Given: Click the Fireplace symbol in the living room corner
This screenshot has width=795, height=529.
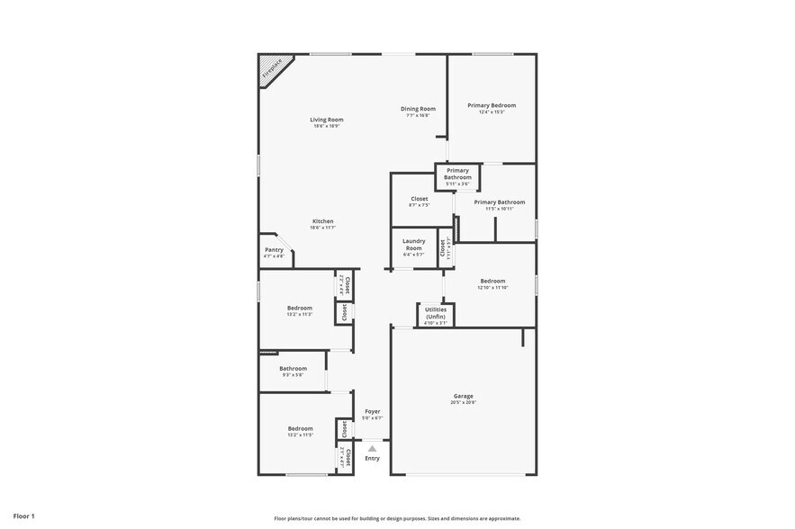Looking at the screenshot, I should [271, 69].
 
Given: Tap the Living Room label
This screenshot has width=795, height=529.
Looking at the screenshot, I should [327, 120].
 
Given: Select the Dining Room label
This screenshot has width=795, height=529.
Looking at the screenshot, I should [418, 109].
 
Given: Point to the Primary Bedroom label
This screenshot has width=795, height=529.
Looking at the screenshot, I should [492, 105].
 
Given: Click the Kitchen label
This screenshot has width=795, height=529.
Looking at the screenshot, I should [322, 221].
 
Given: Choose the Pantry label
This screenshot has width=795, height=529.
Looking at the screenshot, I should [274, 249].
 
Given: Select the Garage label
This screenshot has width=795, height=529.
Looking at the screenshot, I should [463, 396].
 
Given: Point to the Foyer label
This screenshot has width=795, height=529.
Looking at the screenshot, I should [372, 411].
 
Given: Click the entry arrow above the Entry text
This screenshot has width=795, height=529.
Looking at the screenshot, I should [372, 447].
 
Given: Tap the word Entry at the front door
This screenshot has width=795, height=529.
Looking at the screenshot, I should [372, 458].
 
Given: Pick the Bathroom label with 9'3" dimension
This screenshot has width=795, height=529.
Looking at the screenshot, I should [293, 368].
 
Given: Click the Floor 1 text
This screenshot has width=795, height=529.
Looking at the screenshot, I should [23, 516].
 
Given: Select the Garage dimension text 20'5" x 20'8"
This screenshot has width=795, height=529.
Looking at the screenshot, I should [463, 402].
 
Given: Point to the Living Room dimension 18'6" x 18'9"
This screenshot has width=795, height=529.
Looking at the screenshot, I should [327, 126].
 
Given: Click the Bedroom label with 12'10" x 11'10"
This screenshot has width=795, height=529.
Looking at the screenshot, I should [492, 281].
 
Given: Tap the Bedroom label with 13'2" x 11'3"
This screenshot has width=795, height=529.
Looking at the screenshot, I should [300, 308].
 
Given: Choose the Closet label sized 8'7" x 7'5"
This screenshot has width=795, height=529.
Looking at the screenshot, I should [420, 199].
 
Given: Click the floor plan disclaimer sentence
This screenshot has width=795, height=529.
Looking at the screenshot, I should [397, 518].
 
